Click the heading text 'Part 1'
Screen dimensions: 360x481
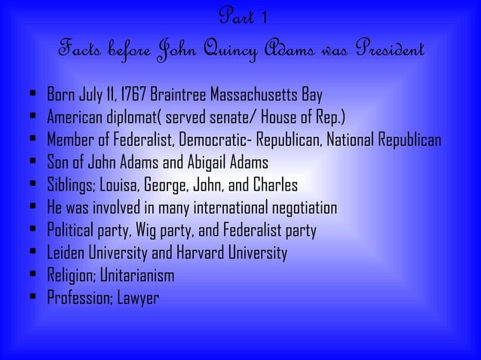[240, 17]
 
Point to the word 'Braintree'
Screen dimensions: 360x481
[179, 96]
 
